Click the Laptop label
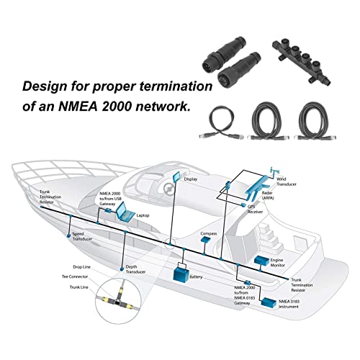pos(143,216)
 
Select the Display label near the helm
pos(191,181)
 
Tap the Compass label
pos(208,234)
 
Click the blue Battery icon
pos(178,274)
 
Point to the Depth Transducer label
pos(136,270)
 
